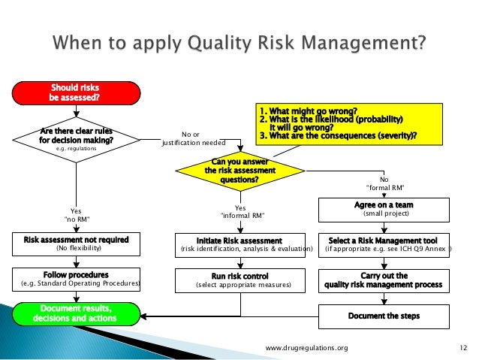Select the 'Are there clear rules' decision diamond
pyautogui.click(x=77, y=139)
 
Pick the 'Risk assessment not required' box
pyautogui.click(x=77, y=244)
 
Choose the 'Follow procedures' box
pyautogui.click(x=77, y=278)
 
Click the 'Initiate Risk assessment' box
pyautogui.click(x=240, y=244)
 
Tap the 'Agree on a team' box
pyautogui.click(x=384, y=208)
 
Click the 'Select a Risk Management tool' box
pyautogui.click(x=384, y=244)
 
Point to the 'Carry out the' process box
pyautogui.click(x=384, y=280)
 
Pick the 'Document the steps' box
pyautogui.click(x=384, y=316)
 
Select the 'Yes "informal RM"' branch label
pyautogui.click(x=240, y=212)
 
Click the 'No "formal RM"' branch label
pyautogui.click(x=384, y=184)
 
